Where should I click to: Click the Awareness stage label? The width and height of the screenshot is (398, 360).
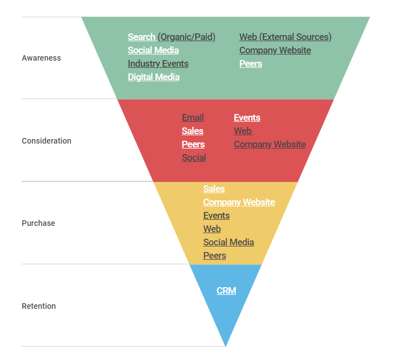pyautogui.click(x=41, y=58)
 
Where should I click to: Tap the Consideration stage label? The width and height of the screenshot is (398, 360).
pyautogui.click(x=46, y=141)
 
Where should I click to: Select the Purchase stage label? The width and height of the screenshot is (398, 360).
pyautogui.click(x=38, y=223)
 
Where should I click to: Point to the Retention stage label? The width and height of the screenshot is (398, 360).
pyautogui.click(x=38, y=306)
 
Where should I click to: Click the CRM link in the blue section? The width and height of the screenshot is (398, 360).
pyautogui.click(x=227, y=290)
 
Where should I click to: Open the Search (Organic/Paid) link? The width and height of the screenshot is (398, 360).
pyautogui.click(x=171, y=37)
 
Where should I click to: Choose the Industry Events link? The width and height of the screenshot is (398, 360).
pyautogui.click(x=158, y=63)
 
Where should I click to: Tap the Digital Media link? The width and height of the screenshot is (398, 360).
pyautogui.click(x=154, y=77)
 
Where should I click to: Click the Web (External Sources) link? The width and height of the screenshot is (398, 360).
pyautogui.click(x=286, y=37)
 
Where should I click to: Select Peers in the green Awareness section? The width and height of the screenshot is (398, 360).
pyautogui.click(x=251, y=63)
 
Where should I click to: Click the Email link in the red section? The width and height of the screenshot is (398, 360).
pyautogui.click(x=193, y=117)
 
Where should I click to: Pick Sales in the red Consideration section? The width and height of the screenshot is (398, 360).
pyautogui.click(x=193, y=131)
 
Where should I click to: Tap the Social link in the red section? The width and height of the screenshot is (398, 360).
pyautogui.click(x=194, y=157)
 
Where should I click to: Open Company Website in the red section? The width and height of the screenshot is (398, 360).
pyautogui.click(x=270, y=144)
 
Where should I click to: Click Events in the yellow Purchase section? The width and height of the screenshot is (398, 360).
pyautogui.click(x=217, y=215)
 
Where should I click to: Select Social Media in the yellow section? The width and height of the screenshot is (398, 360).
pyautogui.click(x=229, y=242)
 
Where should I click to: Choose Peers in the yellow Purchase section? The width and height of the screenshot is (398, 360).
pyautogui.click(x=215, y=255)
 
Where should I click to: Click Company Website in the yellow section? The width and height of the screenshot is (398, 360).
pyautogui.click(x=239, y=202)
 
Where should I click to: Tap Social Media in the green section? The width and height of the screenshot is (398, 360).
pyautogui.click(x=153, y=50)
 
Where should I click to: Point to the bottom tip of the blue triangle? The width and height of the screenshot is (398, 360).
pyautogui.click(x=225, y=346)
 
